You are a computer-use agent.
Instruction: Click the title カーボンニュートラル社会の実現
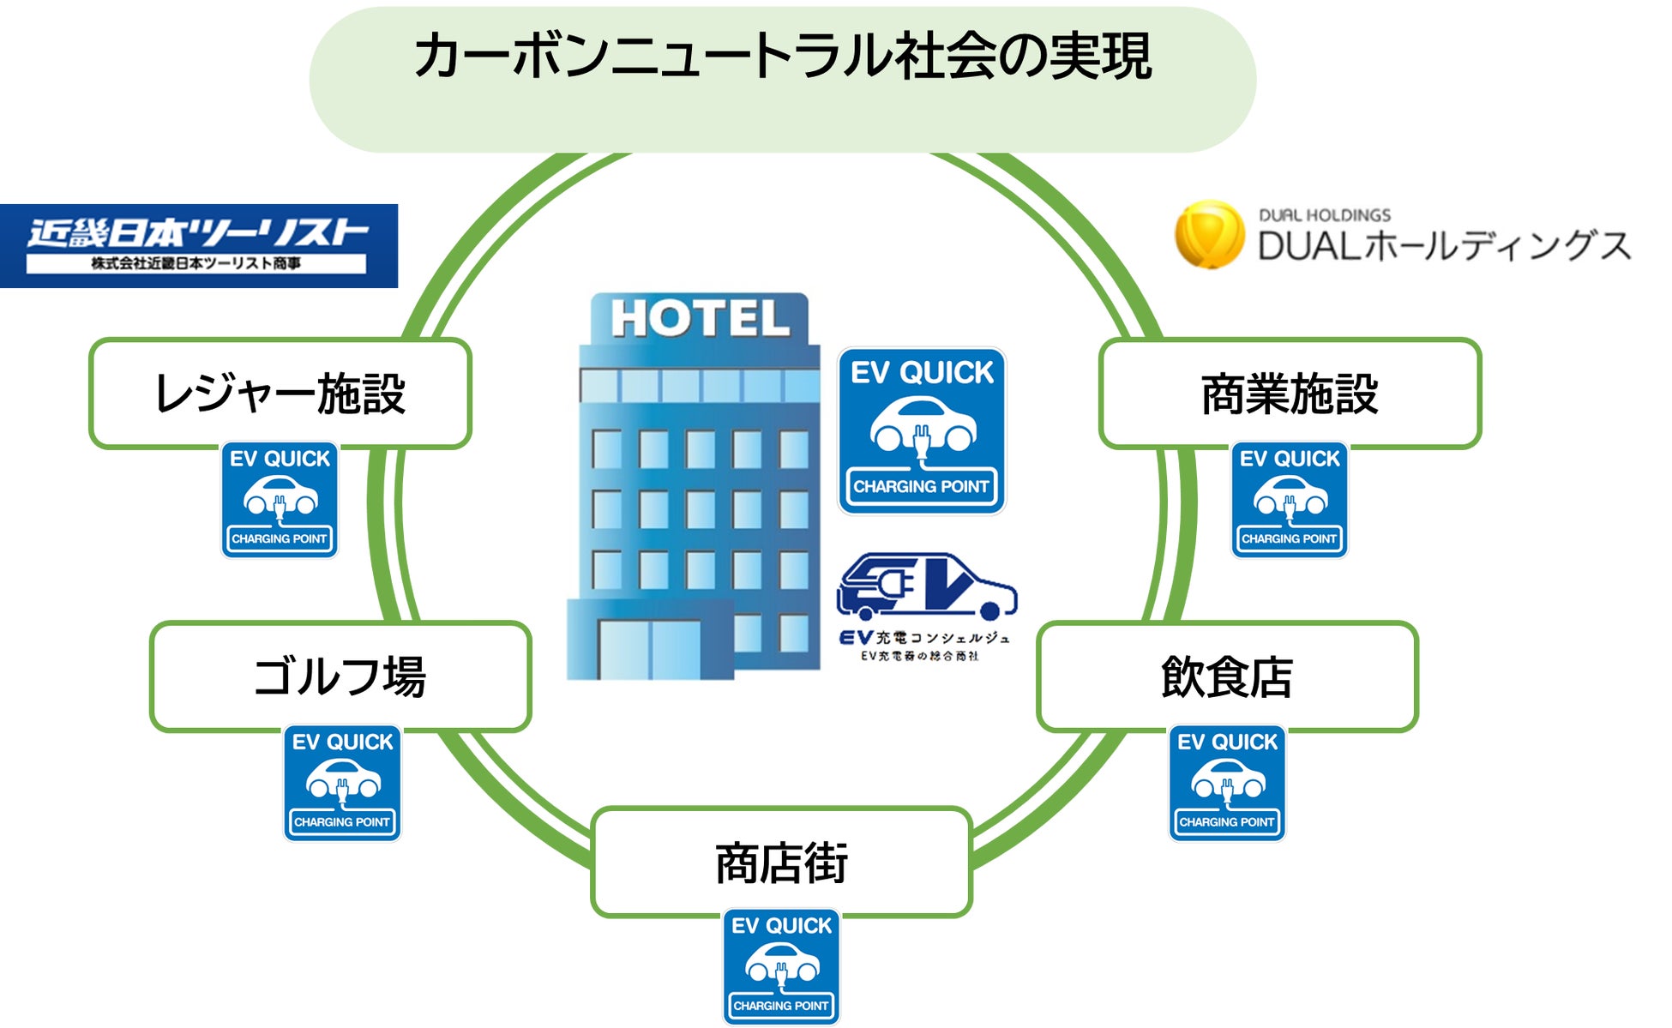click(x=782, y=57)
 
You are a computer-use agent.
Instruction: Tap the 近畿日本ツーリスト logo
click(x=198, y=245)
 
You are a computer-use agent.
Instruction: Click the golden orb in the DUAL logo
click(x=1209, y=234)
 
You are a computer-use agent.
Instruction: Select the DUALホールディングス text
click(x=1444, y=245)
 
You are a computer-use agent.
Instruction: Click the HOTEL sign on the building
click(x=700, y=319)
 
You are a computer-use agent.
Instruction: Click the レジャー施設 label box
click(x=280, y=394)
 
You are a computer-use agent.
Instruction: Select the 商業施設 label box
click(x=1290, y=394)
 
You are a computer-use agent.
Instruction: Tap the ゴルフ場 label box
click(x=340, y=676)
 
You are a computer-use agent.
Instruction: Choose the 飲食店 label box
click(x=1227, y=676)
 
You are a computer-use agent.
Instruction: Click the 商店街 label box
click(x=781, y=862)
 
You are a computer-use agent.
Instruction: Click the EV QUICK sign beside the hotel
click(x=922, y=430)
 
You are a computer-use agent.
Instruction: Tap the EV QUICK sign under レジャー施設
click(x=280, y=500)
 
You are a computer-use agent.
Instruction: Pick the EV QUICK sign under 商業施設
click(x=1290, y=500)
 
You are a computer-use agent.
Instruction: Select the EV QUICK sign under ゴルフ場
click(x=342, y=783)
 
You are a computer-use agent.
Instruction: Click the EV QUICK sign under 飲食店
click(x=1227, y=783)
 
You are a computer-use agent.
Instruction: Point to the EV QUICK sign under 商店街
click(x=781, y=966)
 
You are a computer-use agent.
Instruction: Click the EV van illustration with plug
click(x=926, y=587)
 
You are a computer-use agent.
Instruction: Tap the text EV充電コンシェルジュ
click(x=925, y=638)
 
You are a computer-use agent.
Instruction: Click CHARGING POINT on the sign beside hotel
click(x=922, y=487)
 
